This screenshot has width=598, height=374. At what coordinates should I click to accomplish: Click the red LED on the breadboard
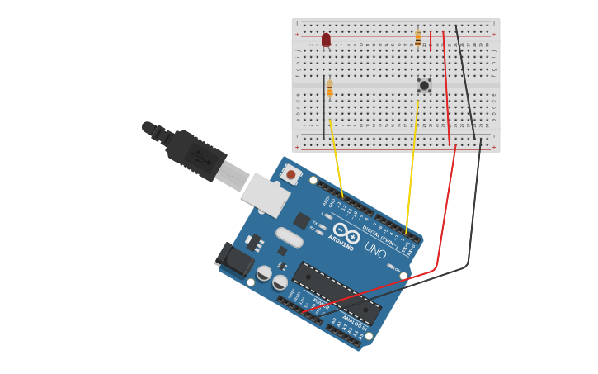(x=326, y=40)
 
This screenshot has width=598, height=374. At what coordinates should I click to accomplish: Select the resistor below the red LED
(x=330, y=88)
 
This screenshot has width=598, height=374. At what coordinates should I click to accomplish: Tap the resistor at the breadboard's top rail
(x=418, y=38)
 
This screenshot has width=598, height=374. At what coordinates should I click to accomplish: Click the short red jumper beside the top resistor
(x=431, y=42)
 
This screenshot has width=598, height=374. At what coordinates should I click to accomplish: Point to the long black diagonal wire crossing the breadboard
(x=465, y=83)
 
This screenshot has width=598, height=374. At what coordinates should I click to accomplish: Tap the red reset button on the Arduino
(x=290, y=174)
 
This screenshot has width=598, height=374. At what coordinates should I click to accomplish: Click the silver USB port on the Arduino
(x=266, y=193)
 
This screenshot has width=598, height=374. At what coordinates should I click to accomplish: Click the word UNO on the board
(x=375, y=253)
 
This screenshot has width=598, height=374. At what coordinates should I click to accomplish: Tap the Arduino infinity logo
(x=346, y=234)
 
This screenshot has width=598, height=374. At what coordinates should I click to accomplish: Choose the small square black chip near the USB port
(x=301, y=220)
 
